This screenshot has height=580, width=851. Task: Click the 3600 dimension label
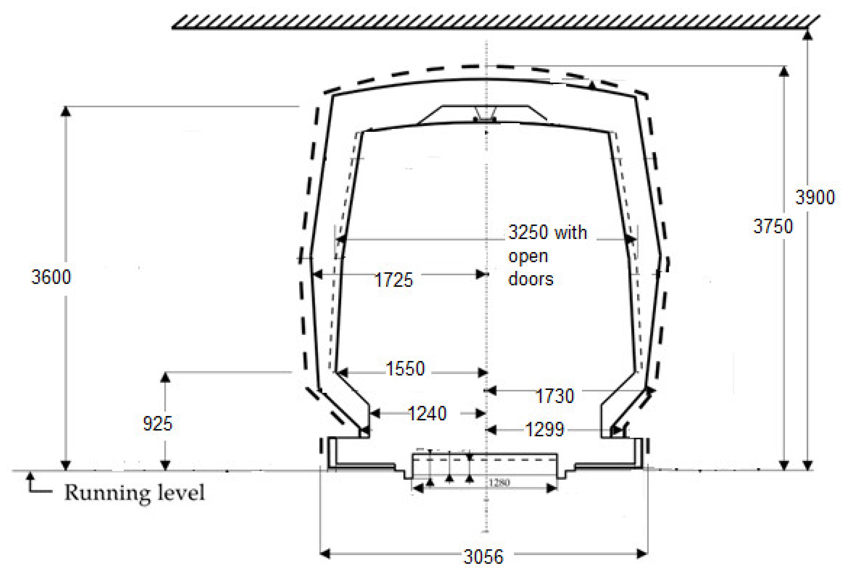[x=51, y=277]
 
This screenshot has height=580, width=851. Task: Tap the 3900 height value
[x=815, y=197]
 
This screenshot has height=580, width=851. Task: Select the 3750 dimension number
[x=773, y=226]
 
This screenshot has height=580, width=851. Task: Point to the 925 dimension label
[x=157, y=424]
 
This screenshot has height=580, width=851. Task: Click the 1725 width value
[x=394, y=280]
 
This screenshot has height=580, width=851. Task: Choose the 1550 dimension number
[x=406, y=369]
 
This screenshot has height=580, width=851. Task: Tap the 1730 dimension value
[x=555, y=396]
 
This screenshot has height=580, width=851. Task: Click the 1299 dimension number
[x=545, y=429]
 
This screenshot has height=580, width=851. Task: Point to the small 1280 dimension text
[x=499, y=483]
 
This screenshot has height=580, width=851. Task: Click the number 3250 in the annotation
[x=528, y=232]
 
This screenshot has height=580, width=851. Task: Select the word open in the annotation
[x=528, y=256]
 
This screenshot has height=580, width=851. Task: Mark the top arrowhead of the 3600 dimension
[x=66, y=111]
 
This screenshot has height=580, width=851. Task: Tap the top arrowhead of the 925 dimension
[x=166, y=377]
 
